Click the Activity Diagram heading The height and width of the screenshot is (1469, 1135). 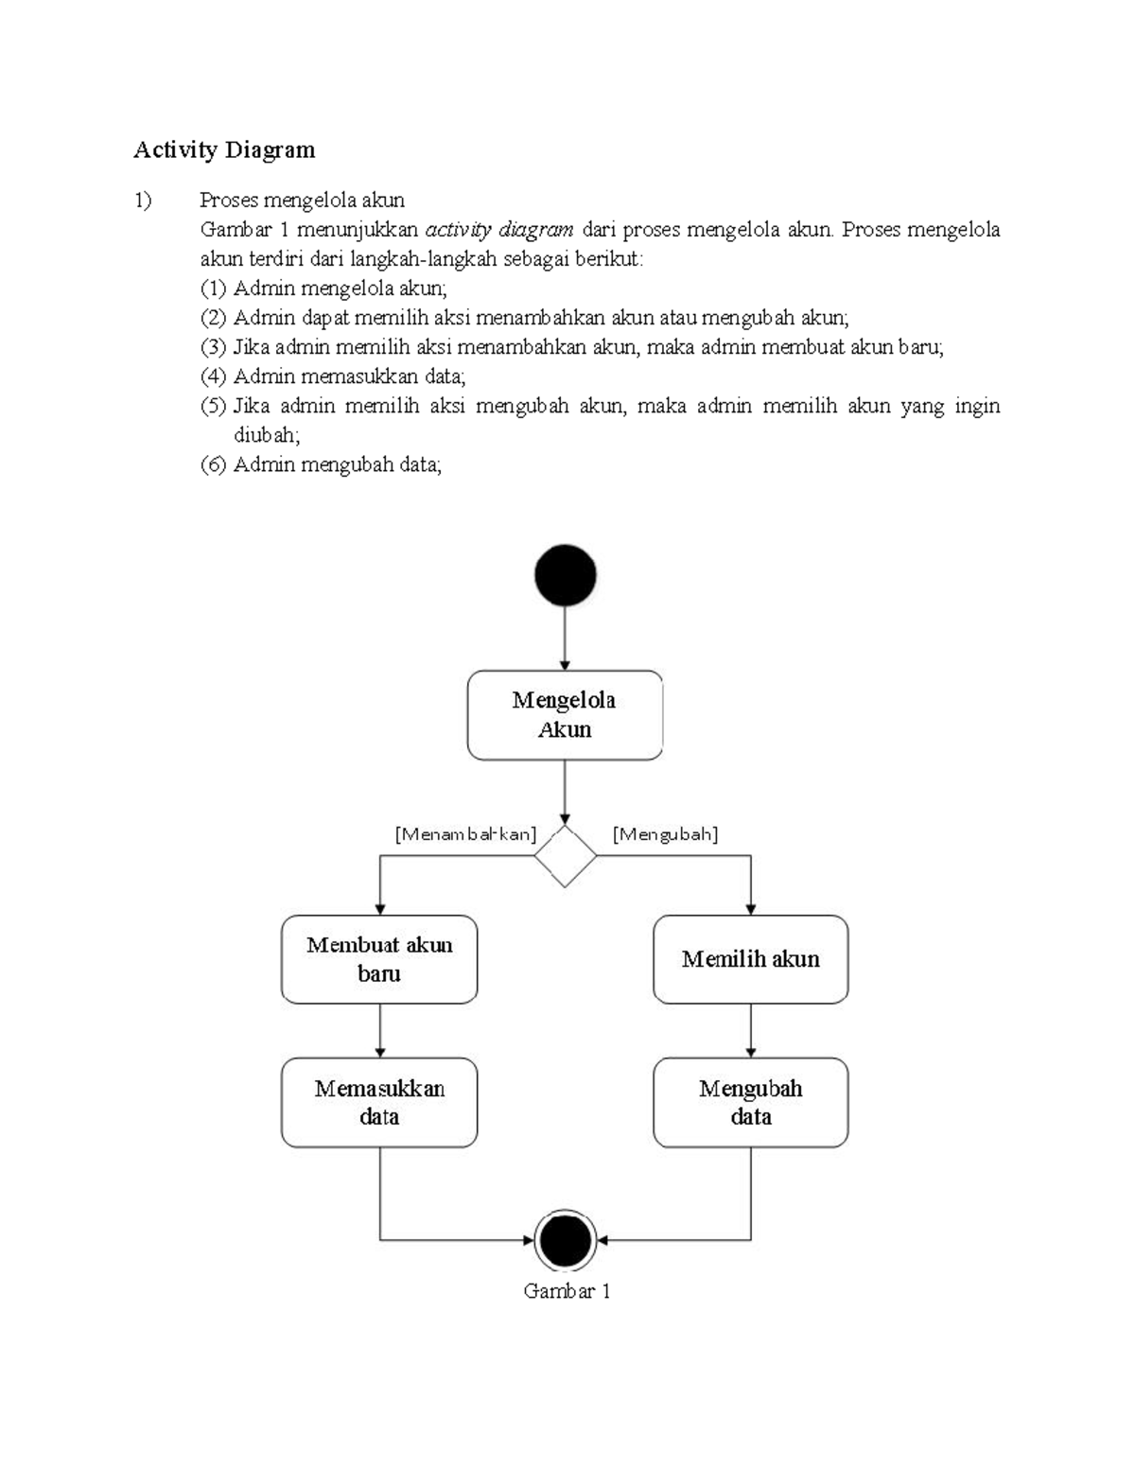click(x=224, y=150)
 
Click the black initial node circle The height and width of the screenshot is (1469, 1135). click(x=565, y=575)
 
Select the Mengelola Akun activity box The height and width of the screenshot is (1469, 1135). click(x=565, y=715)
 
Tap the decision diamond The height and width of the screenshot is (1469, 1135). click(x=565, y=856)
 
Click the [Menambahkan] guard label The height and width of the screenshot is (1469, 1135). click(x=465, y=834)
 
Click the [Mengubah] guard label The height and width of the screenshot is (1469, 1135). click(x=665, y=834)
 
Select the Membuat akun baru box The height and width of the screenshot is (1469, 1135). click(x=379, y=959)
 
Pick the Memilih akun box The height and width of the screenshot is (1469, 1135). click(x=750, y=959)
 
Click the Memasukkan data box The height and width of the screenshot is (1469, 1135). click(x=379, y=1102)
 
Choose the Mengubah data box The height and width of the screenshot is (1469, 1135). click(x=750, y=1102)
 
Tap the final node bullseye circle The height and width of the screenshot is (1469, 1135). click(x=565, y=1239)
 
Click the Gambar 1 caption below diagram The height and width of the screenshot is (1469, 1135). click(x=567, y=1291)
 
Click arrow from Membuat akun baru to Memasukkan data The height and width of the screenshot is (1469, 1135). click(x=379, y=1030)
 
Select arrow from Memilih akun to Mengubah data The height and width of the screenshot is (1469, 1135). click(x=750, y=1030)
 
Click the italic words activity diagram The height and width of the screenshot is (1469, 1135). click(x=499, y=230)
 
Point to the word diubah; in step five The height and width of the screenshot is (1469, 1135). click(x=267, y=435)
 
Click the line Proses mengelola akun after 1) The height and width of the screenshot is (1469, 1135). click(x=302, y=201)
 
